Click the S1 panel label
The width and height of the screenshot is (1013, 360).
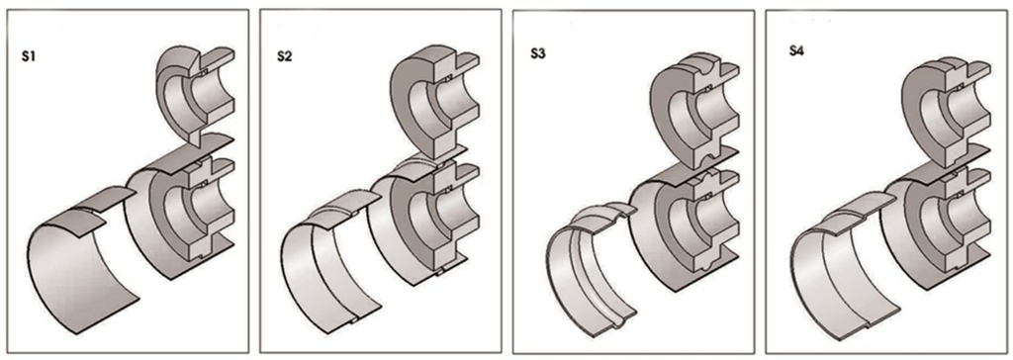(x=30, y=57)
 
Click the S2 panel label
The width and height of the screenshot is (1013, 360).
(x=284, y=57)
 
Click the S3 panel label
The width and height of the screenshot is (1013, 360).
(x=537, y=54)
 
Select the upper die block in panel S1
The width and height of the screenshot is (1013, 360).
(x=194, y=94)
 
